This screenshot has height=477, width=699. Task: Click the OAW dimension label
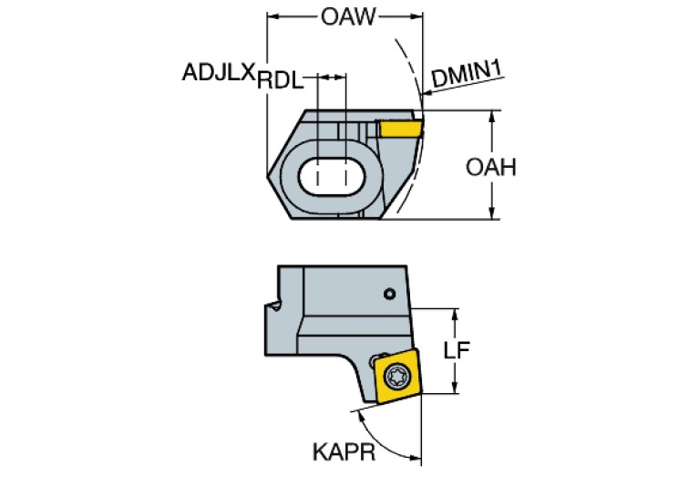(346, 16)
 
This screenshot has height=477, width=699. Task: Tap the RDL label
(280, 80)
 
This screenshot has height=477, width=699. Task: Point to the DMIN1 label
(468, 76)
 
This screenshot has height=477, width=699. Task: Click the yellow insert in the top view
(399, 128)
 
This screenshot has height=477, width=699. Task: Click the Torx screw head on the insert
(396, 373)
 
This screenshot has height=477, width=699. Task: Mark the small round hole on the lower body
(389, 294)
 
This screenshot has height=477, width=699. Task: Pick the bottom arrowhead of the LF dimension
(452, 389)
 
